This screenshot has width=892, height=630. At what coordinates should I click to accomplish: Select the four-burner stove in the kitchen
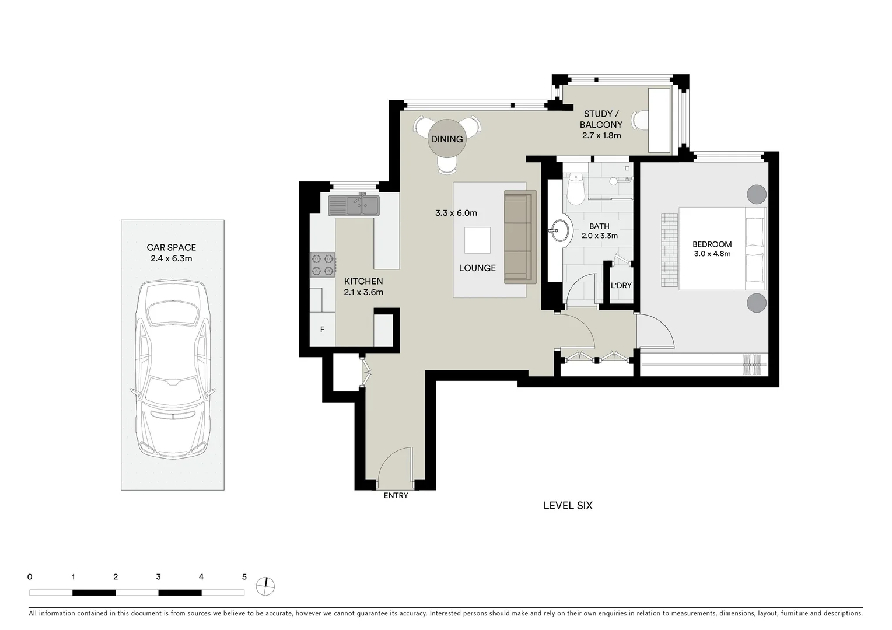(323, 265)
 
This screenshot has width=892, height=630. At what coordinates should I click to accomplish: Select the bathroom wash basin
(561, 230)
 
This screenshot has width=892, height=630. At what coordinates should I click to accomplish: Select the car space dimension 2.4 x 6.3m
(172, 258)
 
